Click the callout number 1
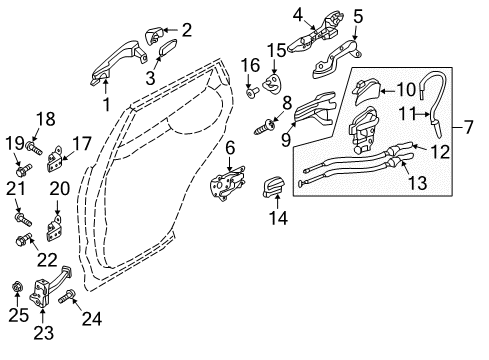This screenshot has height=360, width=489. point(106,103)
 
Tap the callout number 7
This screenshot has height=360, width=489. point(471,128)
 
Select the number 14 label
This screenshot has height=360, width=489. point(277,216)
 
